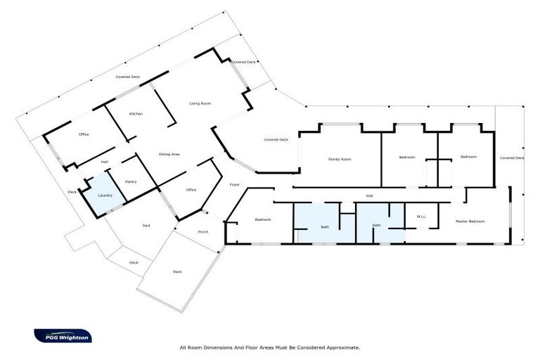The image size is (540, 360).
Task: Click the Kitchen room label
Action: [x=136, y=114]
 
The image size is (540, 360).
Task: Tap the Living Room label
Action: [x=200, y=103]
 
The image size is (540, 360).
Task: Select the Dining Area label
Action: [x=170, y=153]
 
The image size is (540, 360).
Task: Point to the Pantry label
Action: [x=130, y=181]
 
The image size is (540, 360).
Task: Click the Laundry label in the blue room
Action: [x=105, y=195]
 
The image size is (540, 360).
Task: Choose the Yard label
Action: [x=146, y=225]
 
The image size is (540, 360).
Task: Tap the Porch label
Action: [x=203, y=231]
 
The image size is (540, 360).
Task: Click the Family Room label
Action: [x=340, y=159]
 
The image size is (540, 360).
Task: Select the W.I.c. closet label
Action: [x=422, y=217]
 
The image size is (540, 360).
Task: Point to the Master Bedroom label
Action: [x=470, y=221]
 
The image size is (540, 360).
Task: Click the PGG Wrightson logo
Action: [x=63, y=335]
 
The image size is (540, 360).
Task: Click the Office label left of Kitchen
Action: [x=84, y=134]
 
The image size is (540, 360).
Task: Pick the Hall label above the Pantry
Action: [x=104, y=162]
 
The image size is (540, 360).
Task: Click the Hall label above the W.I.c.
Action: [x=368, y=195]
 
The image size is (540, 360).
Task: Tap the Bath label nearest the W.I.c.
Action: [x=377, y=225]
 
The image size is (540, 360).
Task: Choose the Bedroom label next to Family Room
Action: [x=407, y=157]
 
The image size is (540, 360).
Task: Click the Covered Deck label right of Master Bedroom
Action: [x=512, y=158]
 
